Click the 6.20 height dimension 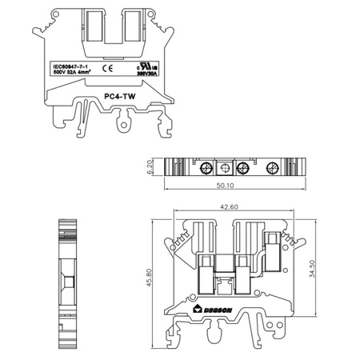click(151, 166)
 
